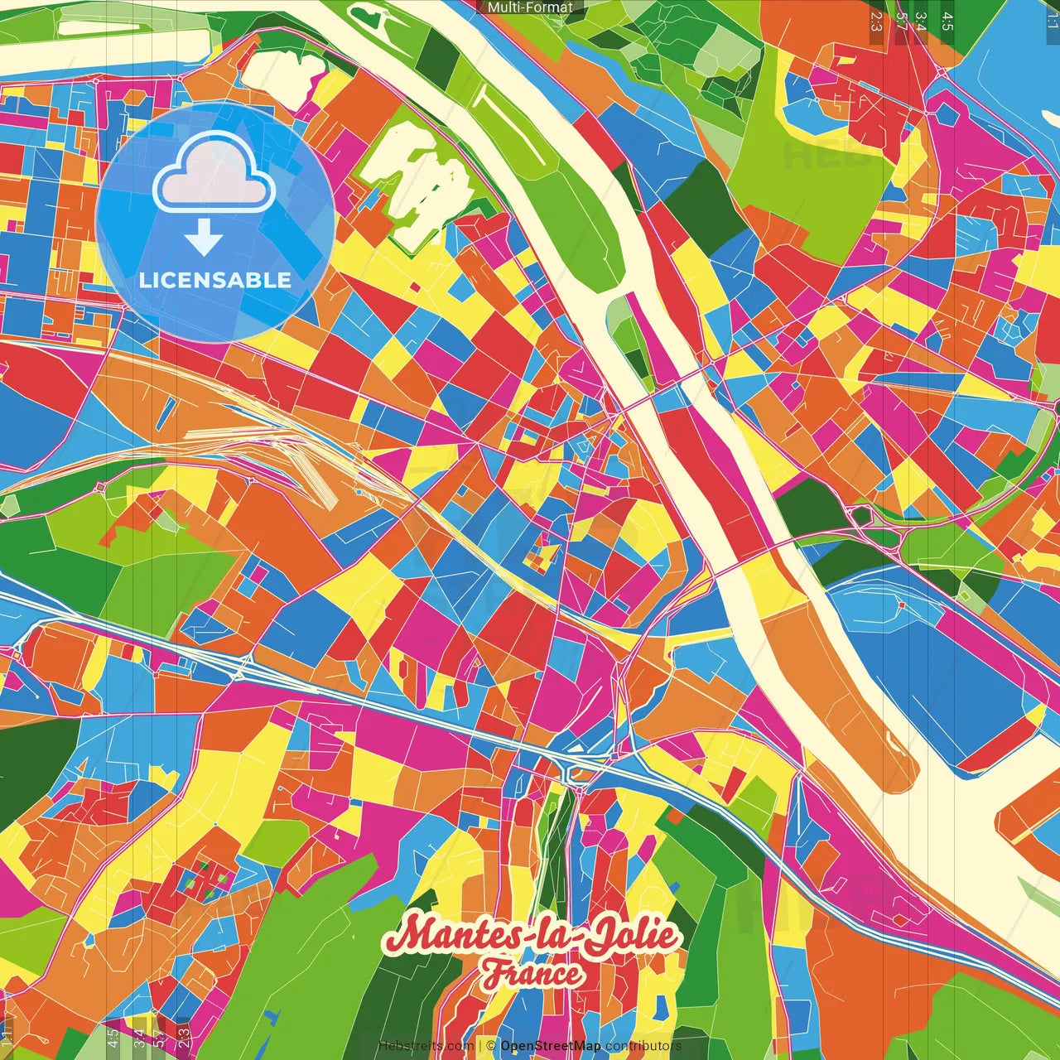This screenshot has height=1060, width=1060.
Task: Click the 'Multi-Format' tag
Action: [530, 7]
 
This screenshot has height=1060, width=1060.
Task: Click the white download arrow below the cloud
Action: [204, 237]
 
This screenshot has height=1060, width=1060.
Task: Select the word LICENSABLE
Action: [215, 280]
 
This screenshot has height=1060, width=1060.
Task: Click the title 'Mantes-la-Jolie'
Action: [532, 935]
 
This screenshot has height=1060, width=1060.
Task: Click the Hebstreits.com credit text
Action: [426, 1046]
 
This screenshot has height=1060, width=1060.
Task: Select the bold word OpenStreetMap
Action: [551, 1046]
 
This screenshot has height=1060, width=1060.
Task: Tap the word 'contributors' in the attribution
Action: [643, 1046]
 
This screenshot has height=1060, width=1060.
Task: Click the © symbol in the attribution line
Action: [490, 1046]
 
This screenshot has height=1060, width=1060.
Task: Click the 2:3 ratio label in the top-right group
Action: [876, 21]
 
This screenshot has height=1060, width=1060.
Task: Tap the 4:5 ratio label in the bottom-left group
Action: [113, 1038]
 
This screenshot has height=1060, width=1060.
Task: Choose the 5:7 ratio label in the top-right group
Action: [901, 21]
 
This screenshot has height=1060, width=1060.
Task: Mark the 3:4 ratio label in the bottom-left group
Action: [139, 1038]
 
